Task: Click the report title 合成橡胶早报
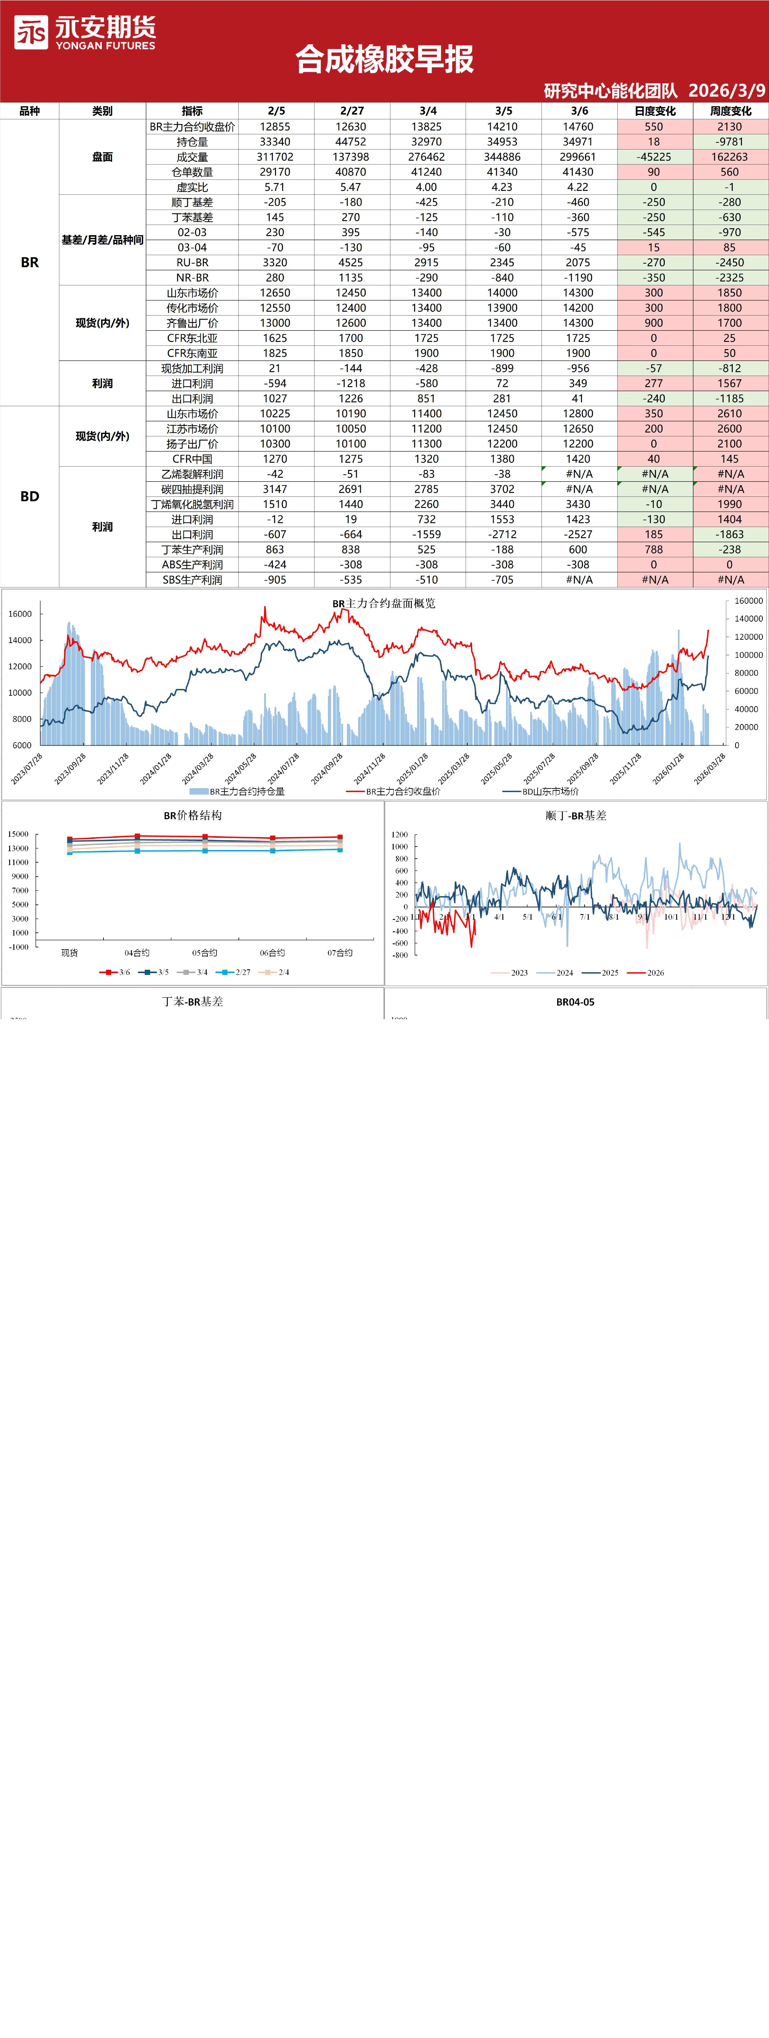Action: click(x=384, y=59)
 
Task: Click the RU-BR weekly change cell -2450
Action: click(x=729, y=263)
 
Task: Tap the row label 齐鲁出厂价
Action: click(x=192, y=323)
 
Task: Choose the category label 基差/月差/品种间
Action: click(x=102, y=240)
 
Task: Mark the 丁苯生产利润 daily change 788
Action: click(x=654, y=550)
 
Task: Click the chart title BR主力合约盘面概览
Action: click(x=384, y=603)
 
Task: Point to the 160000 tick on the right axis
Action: click(x=748, y=601)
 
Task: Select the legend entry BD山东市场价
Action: click(x=540, y=791)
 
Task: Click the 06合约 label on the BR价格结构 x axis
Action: click(x=272, y=953)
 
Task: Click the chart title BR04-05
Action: click(x=575, y=1002)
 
